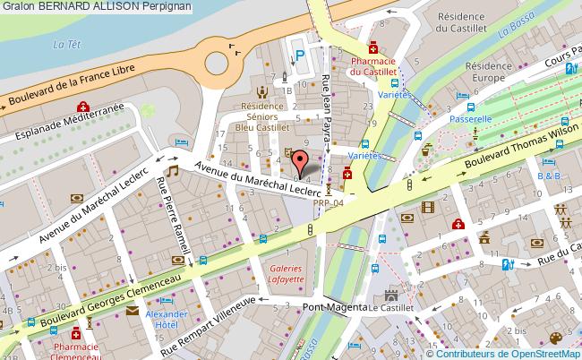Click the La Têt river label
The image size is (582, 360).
[x=63, y=44]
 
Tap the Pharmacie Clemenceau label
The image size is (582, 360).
[x=75, y=347]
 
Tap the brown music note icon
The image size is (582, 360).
[x=173, y=169]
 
